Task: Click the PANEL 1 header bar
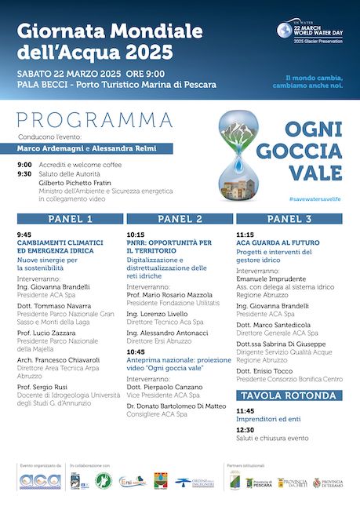(69, 219)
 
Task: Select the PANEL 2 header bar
(179, 219)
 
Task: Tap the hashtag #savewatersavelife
(315, 199)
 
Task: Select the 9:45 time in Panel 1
(24, 234)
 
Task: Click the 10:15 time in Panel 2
(135, 234)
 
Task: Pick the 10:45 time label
(135, 352)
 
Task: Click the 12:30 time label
(245, 429)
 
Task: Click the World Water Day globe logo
(284, 31)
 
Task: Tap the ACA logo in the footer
(38, 480)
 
